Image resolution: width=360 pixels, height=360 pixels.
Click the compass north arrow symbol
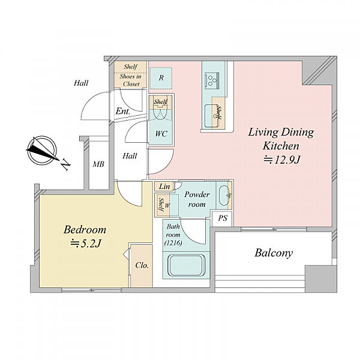[x=42, y=151]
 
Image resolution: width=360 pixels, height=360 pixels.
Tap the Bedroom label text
[x=85, y=230]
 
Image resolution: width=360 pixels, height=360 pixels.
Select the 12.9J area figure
[x=282, y=160]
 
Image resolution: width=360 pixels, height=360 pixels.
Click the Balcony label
[x=274, y=253]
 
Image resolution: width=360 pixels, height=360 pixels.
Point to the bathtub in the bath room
[x=186, y=266]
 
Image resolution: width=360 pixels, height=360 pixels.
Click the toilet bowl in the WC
[x=160, y=112]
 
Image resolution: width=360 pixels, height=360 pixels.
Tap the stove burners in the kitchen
[x=212, y=80]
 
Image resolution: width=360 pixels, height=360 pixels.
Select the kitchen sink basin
[x=211, y=116]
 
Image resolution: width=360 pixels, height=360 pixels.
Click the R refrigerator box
[x=161, y=78]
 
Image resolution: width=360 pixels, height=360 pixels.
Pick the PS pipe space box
[x=222, y=218]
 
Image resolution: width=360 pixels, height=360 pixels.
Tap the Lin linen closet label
[x=164, y=187]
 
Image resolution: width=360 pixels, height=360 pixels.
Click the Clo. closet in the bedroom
[x=142, y=266]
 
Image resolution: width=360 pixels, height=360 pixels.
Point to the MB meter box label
[x=98, y=164]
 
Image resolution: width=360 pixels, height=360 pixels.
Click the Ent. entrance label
[x=123, y=112]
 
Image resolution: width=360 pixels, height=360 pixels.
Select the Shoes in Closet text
[x=130, y=80]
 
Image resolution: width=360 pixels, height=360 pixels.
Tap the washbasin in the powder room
[x=223, y=196]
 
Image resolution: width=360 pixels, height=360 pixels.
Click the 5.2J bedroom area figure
[x=86, y=244]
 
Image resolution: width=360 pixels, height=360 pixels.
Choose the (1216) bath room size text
[x=173, y=242]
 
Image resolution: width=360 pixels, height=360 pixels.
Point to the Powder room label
[x=197, y=199]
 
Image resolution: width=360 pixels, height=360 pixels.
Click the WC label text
[x=161, y=134]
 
